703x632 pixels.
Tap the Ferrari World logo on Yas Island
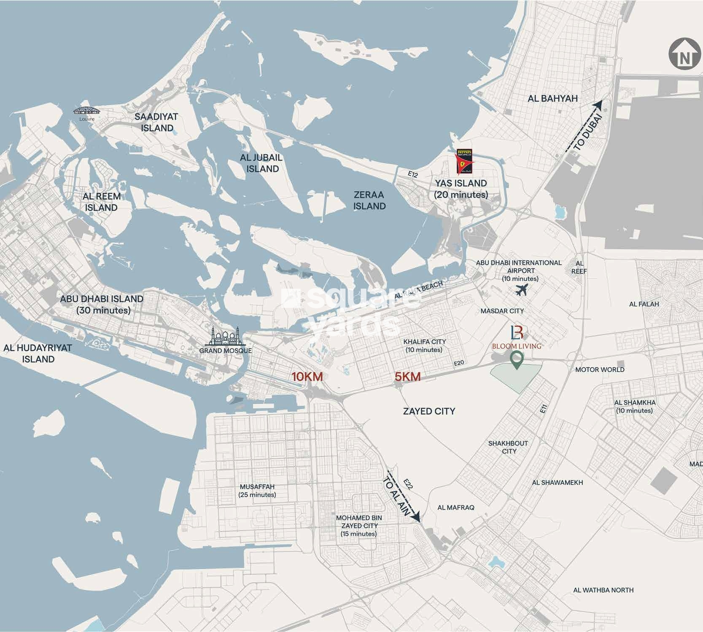click(x=466, y=161)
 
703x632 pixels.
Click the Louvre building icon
click(x=87, y=111)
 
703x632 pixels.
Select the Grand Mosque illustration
click(x=226, y=337)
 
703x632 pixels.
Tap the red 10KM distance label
click(x=307, y=377)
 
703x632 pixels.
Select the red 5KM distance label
click(x=407, y=377)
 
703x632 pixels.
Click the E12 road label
click(x=412, y=174)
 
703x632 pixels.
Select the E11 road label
click(x=543, y=408)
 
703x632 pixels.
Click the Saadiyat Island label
click(x=157, y=122)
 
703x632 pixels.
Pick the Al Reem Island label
click(x=102, y=202)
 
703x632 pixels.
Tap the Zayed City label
click(x=429, y=411)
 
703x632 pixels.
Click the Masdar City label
click(x=502, y=311)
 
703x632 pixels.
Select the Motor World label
click(x=600, y=370)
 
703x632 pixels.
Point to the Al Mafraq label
click(x=455, y=507)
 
